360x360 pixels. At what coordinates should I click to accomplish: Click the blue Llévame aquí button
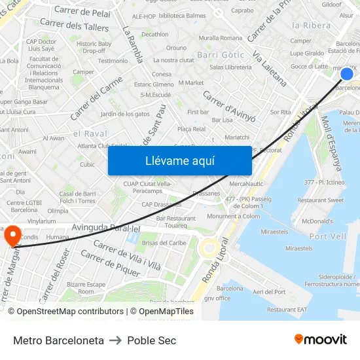pyautogui.click(x=179, y=160)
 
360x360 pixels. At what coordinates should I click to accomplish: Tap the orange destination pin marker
pyautogui.click(x=12, y=236)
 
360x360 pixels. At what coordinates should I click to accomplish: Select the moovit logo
pyautogui.click(x=321, y=340)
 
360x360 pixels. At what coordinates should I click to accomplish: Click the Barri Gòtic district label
pyautogui.click(x=221, y=55)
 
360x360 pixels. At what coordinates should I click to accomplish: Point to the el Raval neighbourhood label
pyautogui.click(x=90, y=133)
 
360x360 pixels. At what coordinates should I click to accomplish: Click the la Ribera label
pyautogui.click(x=311, y=26)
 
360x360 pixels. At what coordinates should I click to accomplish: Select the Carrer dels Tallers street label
pyautogui.click(x=74, y=26)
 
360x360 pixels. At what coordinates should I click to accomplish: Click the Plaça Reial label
pyautogui.click(x=191, y=129)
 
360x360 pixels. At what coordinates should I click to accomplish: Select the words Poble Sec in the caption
pyautogui.click(x=152, y=340)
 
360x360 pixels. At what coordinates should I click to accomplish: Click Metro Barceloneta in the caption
pyautogui.click(x=58, y=340)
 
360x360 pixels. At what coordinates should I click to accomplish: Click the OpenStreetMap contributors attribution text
pyautogui.click(x=65, y=312)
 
